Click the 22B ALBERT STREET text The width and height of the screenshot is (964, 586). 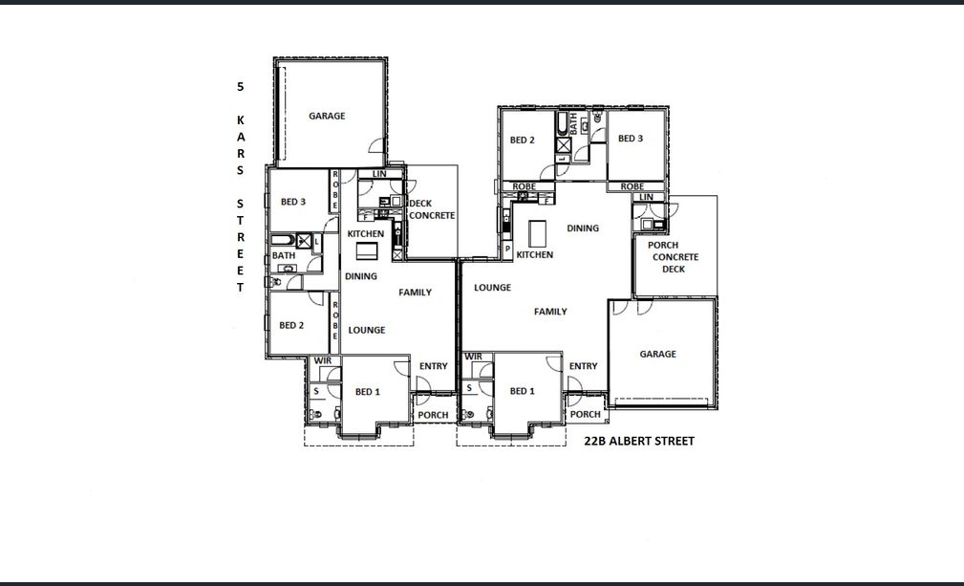[639, 441]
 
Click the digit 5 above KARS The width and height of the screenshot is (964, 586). [241, 87]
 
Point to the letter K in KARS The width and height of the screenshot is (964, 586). [241, 119]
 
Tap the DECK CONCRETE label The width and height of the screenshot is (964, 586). [432, 209]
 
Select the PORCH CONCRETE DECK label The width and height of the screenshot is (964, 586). [674, 257]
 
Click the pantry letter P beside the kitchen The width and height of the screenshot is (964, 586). [508, 250]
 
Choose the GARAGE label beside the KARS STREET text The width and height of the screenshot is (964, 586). [327, 116]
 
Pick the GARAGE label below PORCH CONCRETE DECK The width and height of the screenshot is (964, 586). [657, 355]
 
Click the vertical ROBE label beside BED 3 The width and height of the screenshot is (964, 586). [335, 190]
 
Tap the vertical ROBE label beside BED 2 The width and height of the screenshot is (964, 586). [335, 319]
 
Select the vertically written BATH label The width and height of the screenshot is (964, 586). [573, 123]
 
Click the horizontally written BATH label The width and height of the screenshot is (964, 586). [284, 255]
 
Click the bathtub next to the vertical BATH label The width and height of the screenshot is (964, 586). [563, 123]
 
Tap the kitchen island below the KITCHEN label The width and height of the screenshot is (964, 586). [367, 250]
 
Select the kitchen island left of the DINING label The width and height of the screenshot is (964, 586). [537, 233]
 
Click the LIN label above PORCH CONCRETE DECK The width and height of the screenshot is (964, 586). [646, 197]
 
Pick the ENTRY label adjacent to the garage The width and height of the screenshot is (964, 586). [583, 366]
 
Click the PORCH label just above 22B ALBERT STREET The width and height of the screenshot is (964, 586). [585, 415]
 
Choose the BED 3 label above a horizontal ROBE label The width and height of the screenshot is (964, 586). [631, 139]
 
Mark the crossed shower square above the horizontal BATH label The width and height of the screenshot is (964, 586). [304, 241]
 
